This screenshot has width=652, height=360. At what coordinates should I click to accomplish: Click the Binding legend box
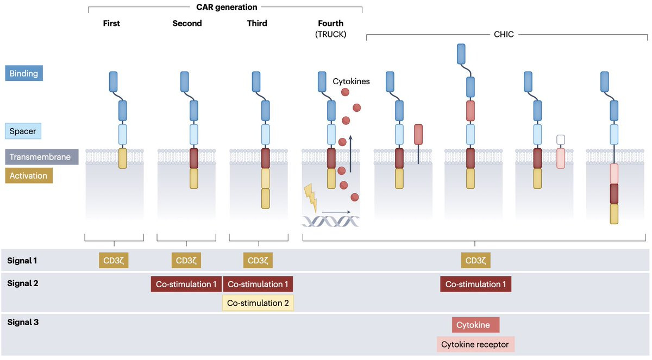click(x=24, y=73)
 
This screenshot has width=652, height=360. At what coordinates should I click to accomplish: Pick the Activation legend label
click(x=29, y=175)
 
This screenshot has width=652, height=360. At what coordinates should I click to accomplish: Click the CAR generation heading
click(x=227, y=7)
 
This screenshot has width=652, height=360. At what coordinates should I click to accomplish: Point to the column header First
click(x=111, y=23)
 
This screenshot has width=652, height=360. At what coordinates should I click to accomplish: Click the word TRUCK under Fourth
click(x=331, y=34)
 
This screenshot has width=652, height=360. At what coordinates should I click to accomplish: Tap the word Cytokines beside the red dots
click(x=351, y=81)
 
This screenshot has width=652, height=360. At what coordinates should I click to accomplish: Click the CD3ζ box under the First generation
click(x=114, y=260)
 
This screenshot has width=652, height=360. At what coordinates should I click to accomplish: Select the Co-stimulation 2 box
click(x=258, y=302)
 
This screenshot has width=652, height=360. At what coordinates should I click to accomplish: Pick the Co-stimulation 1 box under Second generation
click(x=186, y=284)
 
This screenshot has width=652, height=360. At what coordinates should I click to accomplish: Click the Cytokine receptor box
click(x=475, y=344)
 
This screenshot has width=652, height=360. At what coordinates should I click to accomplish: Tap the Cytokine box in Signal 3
click(x=475, y=325)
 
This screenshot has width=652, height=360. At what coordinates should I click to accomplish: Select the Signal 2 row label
click(x=22, y=283)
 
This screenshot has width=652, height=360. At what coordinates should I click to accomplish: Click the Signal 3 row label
click(x=22, y=322)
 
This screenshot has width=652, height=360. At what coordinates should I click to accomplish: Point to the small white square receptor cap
click(x=561, y=140)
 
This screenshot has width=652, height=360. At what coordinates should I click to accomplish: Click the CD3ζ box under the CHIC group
click(x=475, y=260)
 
